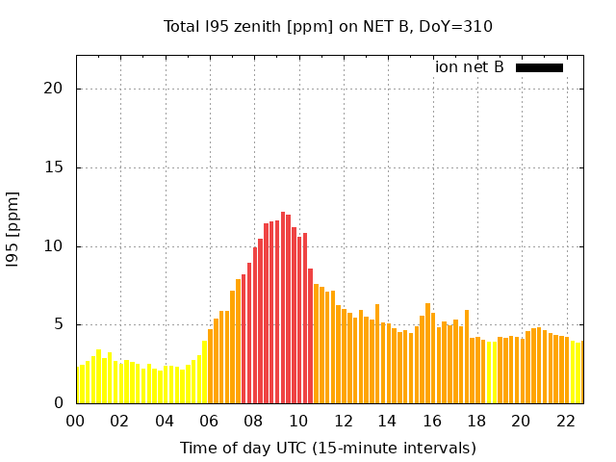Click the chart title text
[x=327, y=26]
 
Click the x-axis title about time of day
[x=327, y=448]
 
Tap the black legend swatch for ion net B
[x=539, y=67]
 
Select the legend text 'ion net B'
[x=469, y=67]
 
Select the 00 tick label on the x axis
[x=76, y=421]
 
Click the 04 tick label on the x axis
[x=165, y=421]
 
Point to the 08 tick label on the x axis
[x=254, y=421]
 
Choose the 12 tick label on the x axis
[x=343, y=421]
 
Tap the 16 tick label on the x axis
[x=432, y=421]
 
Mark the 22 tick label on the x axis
[x=565, y=421]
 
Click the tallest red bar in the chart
[x=283, y=308]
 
